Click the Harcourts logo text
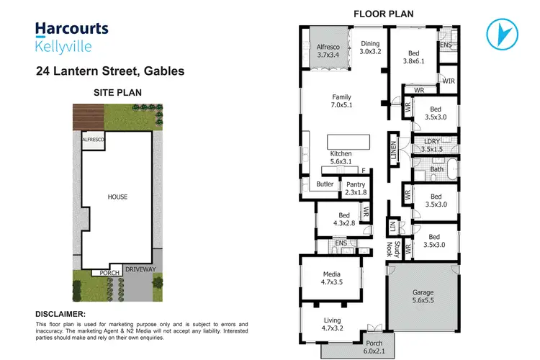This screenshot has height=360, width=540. pos(72,29)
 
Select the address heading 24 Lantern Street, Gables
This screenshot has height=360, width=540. pos(109,71)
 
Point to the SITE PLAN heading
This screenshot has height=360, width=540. pos(119,93)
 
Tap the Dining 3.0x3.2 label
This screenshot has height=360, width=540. pos(369,48)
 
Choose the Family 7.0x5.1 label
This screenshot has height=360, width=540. pos(342,102)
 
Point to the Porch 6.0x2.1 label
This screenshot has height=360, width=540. pos(374,347)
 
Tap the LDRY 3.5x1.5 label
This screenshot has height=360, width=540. pos(432,145)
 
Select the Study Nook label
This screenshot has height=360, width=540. pos(393,248)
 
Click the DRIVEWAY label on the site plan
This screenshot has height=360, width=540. pos(140,269)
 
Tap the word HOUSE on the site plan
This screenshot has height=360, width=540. pos(117,196)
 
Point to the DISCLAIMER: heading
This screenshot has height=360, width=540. pos(60,314)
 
